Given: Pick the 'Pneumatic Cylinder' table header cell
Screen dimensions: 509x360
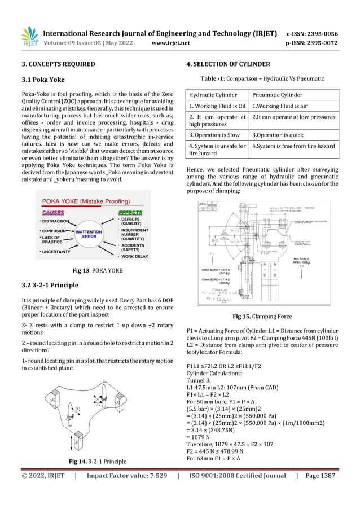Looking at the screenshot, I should point(277,95).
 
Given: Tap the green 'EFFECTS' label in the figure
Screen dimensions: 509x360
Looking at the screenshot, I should point(130,212).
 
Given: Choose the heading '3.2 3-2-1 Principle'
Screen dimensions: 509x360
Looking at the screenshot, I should point(49,284).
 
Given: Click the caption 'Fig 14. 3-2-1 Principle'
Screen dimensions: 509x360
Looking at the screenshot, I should point(94,462).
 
